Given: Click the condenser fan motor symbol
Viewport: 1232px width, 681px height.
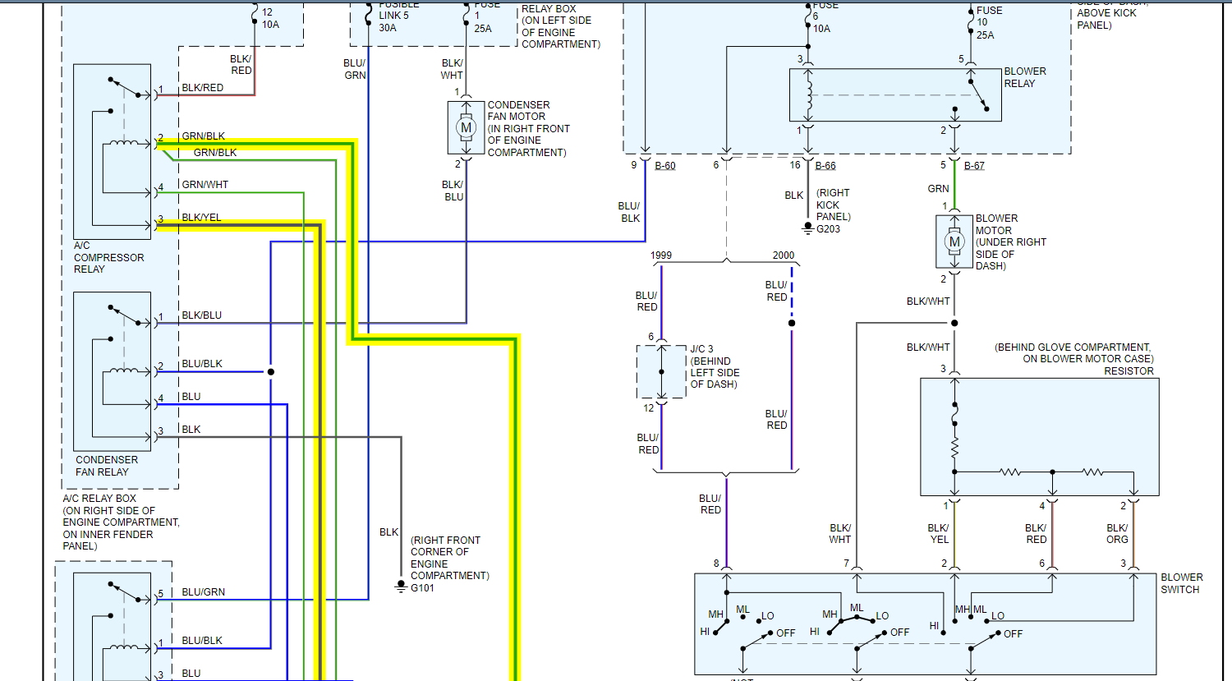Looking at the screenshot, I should click(x=467, y=127).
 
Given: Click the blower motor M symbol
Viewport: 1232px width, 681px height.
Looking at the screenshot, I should click(x=954, y=242).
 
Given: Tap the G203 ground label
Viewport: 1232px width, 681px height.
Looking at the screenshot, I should click(x=828, y=229).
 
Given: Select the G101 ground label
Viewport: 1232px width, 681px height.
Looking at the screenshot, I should click(x=422, y=588).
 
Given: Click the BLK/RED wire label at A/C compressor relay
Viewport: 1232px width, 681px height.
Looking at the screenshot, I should click(x=202, y=88).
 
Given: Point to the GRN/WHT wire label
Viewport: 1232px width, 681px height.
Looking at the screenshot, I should click(x=205, y=185).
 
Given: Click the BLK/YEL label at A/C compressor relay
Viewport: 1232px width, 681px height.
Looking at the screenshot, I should click(x=201, y=218).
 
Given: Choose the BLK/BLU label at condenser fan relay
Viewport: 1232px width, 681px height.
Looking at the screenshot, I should click(x=201, y=315).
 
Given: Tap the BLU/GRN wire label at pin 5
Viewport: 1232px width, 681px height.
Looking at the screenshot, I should click(x=203, y=592).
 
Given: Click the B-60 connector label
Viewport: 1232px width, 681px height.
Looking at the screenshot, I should click(x=665, y=166).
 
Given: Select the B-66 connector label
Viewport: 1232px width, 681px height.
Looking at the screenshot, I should click(x=825, y=166).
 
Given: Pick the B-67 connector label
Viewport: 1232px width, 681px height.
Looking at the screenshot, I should click(x=974, y=166).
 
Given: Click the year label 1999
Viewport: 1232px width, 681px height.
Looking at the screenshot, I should click(x=661, y=255).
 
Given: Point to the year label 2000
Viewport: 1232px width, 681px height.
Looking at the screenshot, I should click(x=784, y=255).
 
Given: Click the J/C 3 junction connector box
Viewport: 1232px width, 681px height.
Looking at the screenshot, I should click(x=661, y=371).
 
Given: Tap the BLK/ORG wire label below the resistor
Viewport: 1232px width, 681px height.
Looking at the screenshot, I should click(x=1117, y=534).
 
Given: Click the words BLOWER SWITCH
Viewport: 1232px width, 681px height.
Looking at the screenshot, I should click(x=1181, y=583).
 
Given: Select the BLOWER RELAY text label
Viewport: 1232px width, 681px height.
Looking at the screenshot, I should click(x=1025, y=77).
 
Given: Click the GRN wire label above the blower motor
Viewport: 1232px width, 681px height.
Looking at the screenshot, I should click(x=938, y=189).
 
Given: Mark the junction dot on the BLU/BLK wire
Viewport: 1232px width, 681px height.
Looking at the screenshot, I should click(x=271, y=372).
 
